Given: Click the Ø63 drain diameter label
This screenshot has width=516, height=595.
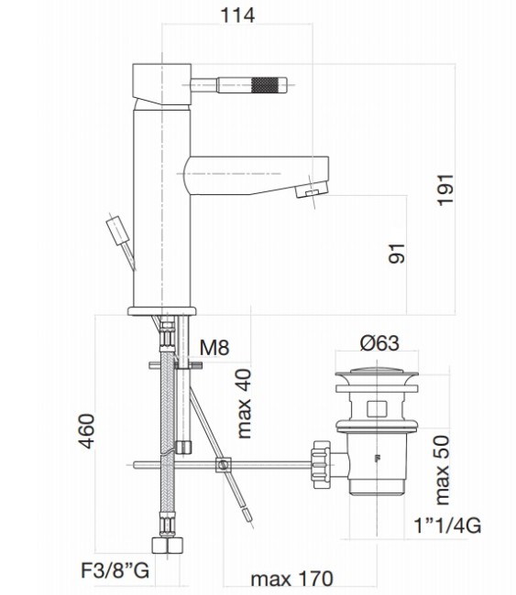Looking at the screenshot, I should (379, 343).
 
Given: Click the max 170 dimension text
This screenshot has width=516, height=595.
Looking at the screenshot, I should (291, 579).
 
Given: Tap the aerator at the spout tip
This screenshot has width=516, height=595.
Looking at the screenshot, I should (312, 189).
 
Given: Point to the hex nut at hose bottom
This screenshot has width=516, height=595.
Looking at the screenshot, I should (169, 547).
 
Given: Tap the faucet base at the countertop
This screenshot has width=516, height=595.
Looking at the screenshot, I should (162, 308).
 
